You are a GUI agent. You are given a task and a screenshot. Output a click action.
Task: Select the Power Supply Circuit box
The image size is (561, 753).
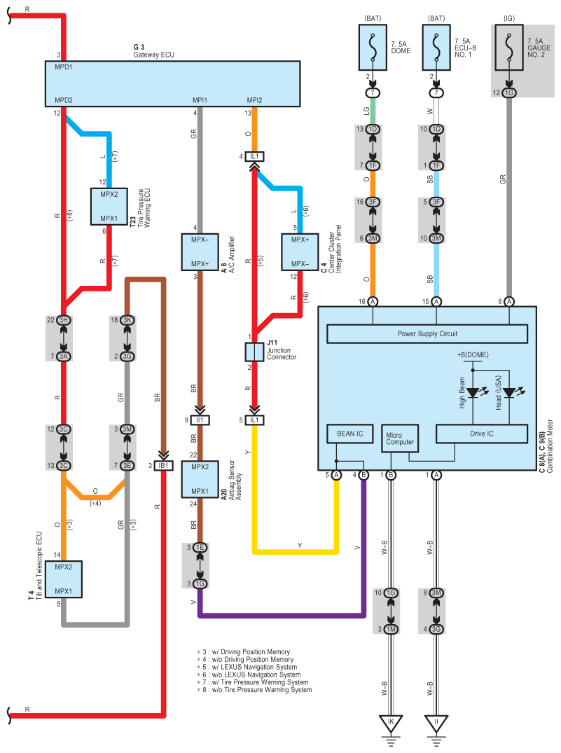coord(427,333)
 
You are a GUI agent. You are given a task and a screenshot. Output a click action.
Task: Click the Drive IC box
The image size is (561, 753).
coord(481,434)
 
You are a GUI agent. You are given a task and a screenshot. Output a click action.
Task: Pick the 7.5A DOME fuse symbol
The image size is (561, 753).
coord(373,47)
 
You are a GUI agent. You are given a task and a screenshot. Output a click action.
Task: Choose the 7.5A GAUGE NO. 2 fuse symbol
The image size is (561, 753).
coord(509,47)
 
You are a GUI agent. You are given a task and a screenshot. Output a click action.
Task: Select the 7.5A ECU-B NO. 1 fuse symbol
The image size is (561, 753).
coord(437,47)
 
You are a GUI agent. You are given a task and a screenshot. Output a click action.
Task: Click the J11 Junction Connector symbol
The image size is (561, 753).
coord(254,351)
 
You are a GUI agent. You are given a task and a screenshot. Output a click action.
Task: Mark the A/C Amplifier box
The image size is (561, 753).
coord(200,252)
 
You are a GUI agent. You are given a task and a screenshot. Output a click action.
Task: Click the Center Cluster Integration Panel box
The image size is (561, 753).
coord(300,252)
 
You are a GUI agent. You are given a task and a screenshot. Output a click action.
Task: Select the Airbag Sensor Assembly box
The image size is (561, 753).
coord(200,478)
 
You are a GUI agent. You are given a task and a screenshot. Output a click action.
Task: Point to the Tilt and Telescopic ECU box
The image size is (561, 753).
coord(64,579)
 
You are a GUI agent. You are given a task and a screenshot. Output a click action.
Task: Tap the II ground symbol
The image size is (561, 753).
coord(437,724)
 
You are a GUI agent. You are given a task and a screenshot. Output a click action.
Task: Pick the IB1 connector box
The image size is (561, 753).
coord(164,465)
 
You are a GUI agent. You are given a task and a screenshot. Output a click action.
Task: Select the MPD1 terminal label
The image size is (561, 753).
coord(64,67)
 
